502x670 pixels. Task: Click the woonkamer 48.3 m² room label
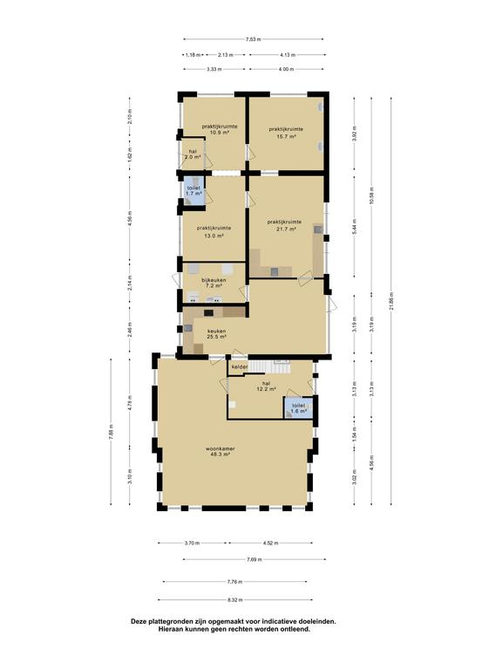(x=221, y=452)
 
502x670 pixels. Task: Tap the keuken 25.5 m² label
(x=216, y=335)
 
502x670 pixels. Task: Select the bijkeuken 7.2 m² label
(x=214, y=282)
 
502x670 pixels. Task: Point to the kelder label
(x=240, y=367)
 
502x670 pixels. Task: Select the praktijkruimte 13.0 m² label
(x=214, y=232)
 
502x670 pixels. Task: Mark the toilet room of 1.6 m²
(x=298, y=408)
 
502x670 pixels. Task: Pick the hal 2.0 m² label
(x=193, y=154)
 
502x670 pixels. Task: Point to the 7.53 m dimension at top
(x=254, y=39)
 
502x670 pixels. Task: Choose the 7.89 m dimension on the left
(x=111, y=431)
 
